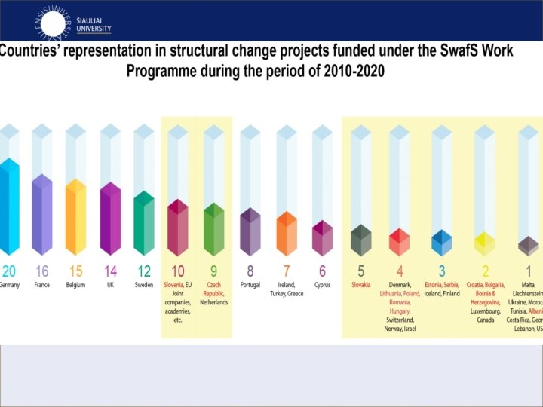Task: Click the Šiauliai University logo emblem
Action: (53, 21)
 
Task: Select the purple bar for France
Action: (42, 216)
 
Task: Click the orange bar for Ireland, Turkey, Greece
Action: (287, 235)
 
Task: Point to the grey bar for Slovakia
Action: (361, 241)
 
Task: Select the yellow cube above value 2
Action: (484, 244)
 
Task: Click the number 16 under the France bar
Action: (42, 271)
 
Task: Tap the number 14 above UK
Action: (110, 271)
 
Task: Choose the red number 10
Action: (178, 271)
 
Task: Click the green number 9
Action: (213, 271)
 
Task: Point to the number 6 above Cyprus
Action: (322, 271)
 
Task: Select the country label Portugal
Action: (250, 285)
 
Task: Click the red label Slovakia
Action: (361, 285)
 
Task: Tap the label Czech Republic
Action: (213, 289)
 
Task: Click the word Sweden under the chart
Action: (144, 285)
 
